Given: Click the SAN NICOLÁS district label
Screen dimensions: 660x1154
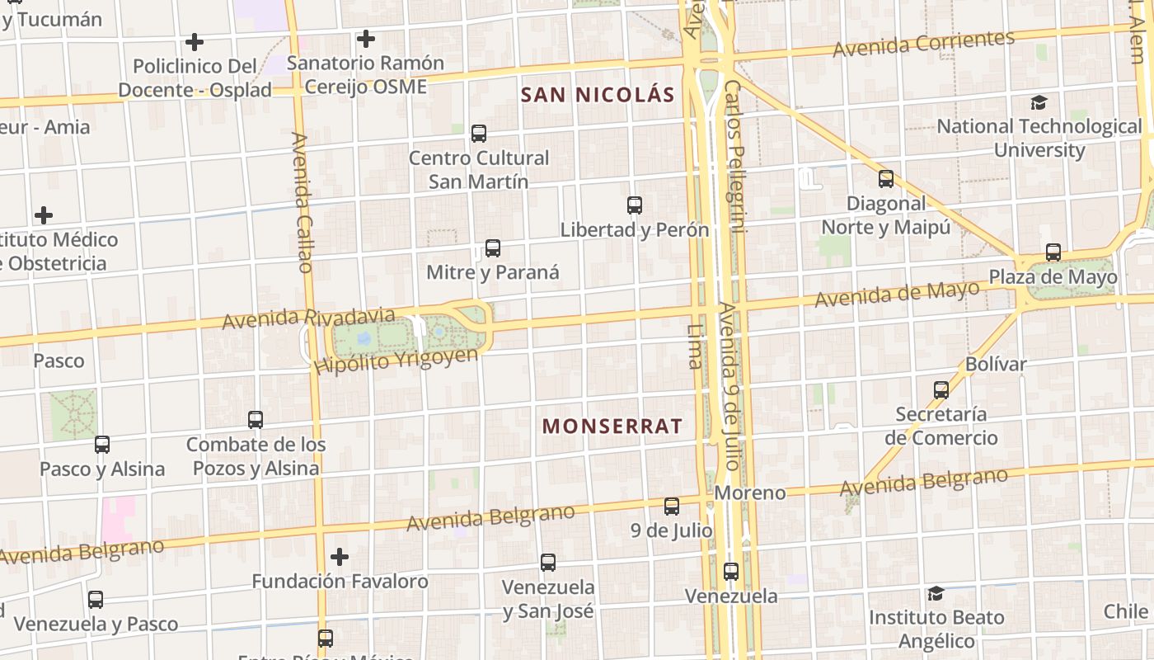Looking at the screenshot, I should pyautogui.click(x=598, y=95).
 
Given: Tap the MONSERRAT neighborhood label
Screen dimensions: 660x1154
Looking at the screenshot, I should pyautogui.click(x=612, y=426).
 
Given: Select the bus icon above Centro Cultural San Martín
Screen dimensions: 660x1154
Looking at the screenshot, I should pyautogui.click(x=478, y=133).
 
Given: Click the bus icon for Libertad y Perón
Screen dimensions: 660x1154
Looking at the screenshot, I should pyautogui.click(x=634, y=205).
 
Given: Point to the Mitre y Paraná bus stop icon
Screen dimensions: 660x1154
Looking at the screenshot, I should pyautogui.click(x=492, y=247).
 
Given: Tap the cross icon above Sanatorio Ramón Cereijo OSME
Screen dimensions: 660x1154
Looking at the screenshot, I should pyautogui.click(x=365, y=38).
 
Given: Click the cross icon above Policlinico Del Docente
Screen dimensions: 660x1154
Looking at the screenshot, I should pyautogui.click(x=195, y=41).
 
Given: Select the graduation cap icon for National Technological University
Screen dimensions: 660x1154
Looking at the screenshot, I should pyautogui.click(x=1039, y=102).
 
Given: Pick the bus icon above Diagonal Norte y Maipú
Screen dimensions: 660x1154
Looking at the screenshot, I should pyautogui.click(x=885, y=178).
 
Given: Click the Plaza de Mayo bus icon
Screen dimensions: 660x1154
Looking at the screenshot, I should pyautogui.click(x=1053, y=252).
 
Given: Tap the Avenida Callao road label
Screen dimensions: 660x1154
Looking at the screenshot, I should pyautogui.click(x=301, y=202).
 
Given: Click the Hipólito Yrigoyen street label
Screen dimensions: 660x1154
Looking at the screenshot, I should pyautogui.click(x=396, y=361).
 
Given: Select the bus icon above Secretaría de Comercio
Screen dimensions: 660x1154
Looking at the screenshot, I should pyautogui.click(x=941, y=389).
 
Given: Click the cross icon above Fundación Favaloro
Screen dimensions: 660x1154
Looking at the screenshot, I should pyautogui.click(x=339, y=557).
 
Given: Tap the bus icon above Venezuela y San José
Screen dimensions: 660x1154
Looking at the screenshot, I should pyautogui.click(x=547, y=563).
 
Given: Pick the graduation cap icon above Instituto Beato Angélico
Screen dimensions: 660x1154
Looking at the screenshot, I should pyautogui.click(x=936, y=593).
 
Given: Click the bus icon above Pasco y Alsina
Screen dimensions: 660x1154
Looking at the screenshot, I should pyautogui.click(x=101, y=445).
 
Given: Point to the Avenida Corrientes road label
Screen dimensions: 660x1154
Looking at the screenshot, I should pyautogui.click(x=923, y=43).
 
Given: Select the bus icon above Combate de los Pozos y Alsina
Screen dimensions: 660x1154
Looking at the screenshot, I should pyautogui.click(x=255, y=419).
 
